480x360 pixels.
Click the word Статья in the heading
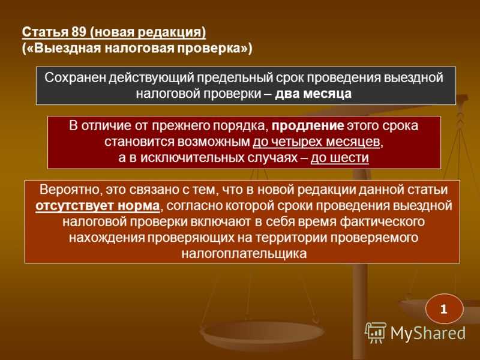(x=46, y=32)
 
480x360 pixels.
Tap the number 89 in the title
(x=79, y=32)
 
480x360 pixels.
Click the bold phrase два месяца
(x=313, y=94)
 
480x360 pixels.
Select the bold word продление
(x=308, y=126)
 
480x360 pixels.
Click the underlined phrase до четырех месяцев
(x=317, y=142)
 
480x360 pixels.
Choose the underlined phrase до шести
(x=340, y=158)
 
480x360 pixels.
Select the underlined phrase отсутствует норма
(x=98, y=206)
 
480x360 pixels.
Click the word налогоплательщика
(x=244, y=254)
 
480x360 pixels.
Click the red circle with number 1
(x=444, y=309)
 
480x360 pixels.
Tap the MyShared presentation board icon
(x=376, y=332)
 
